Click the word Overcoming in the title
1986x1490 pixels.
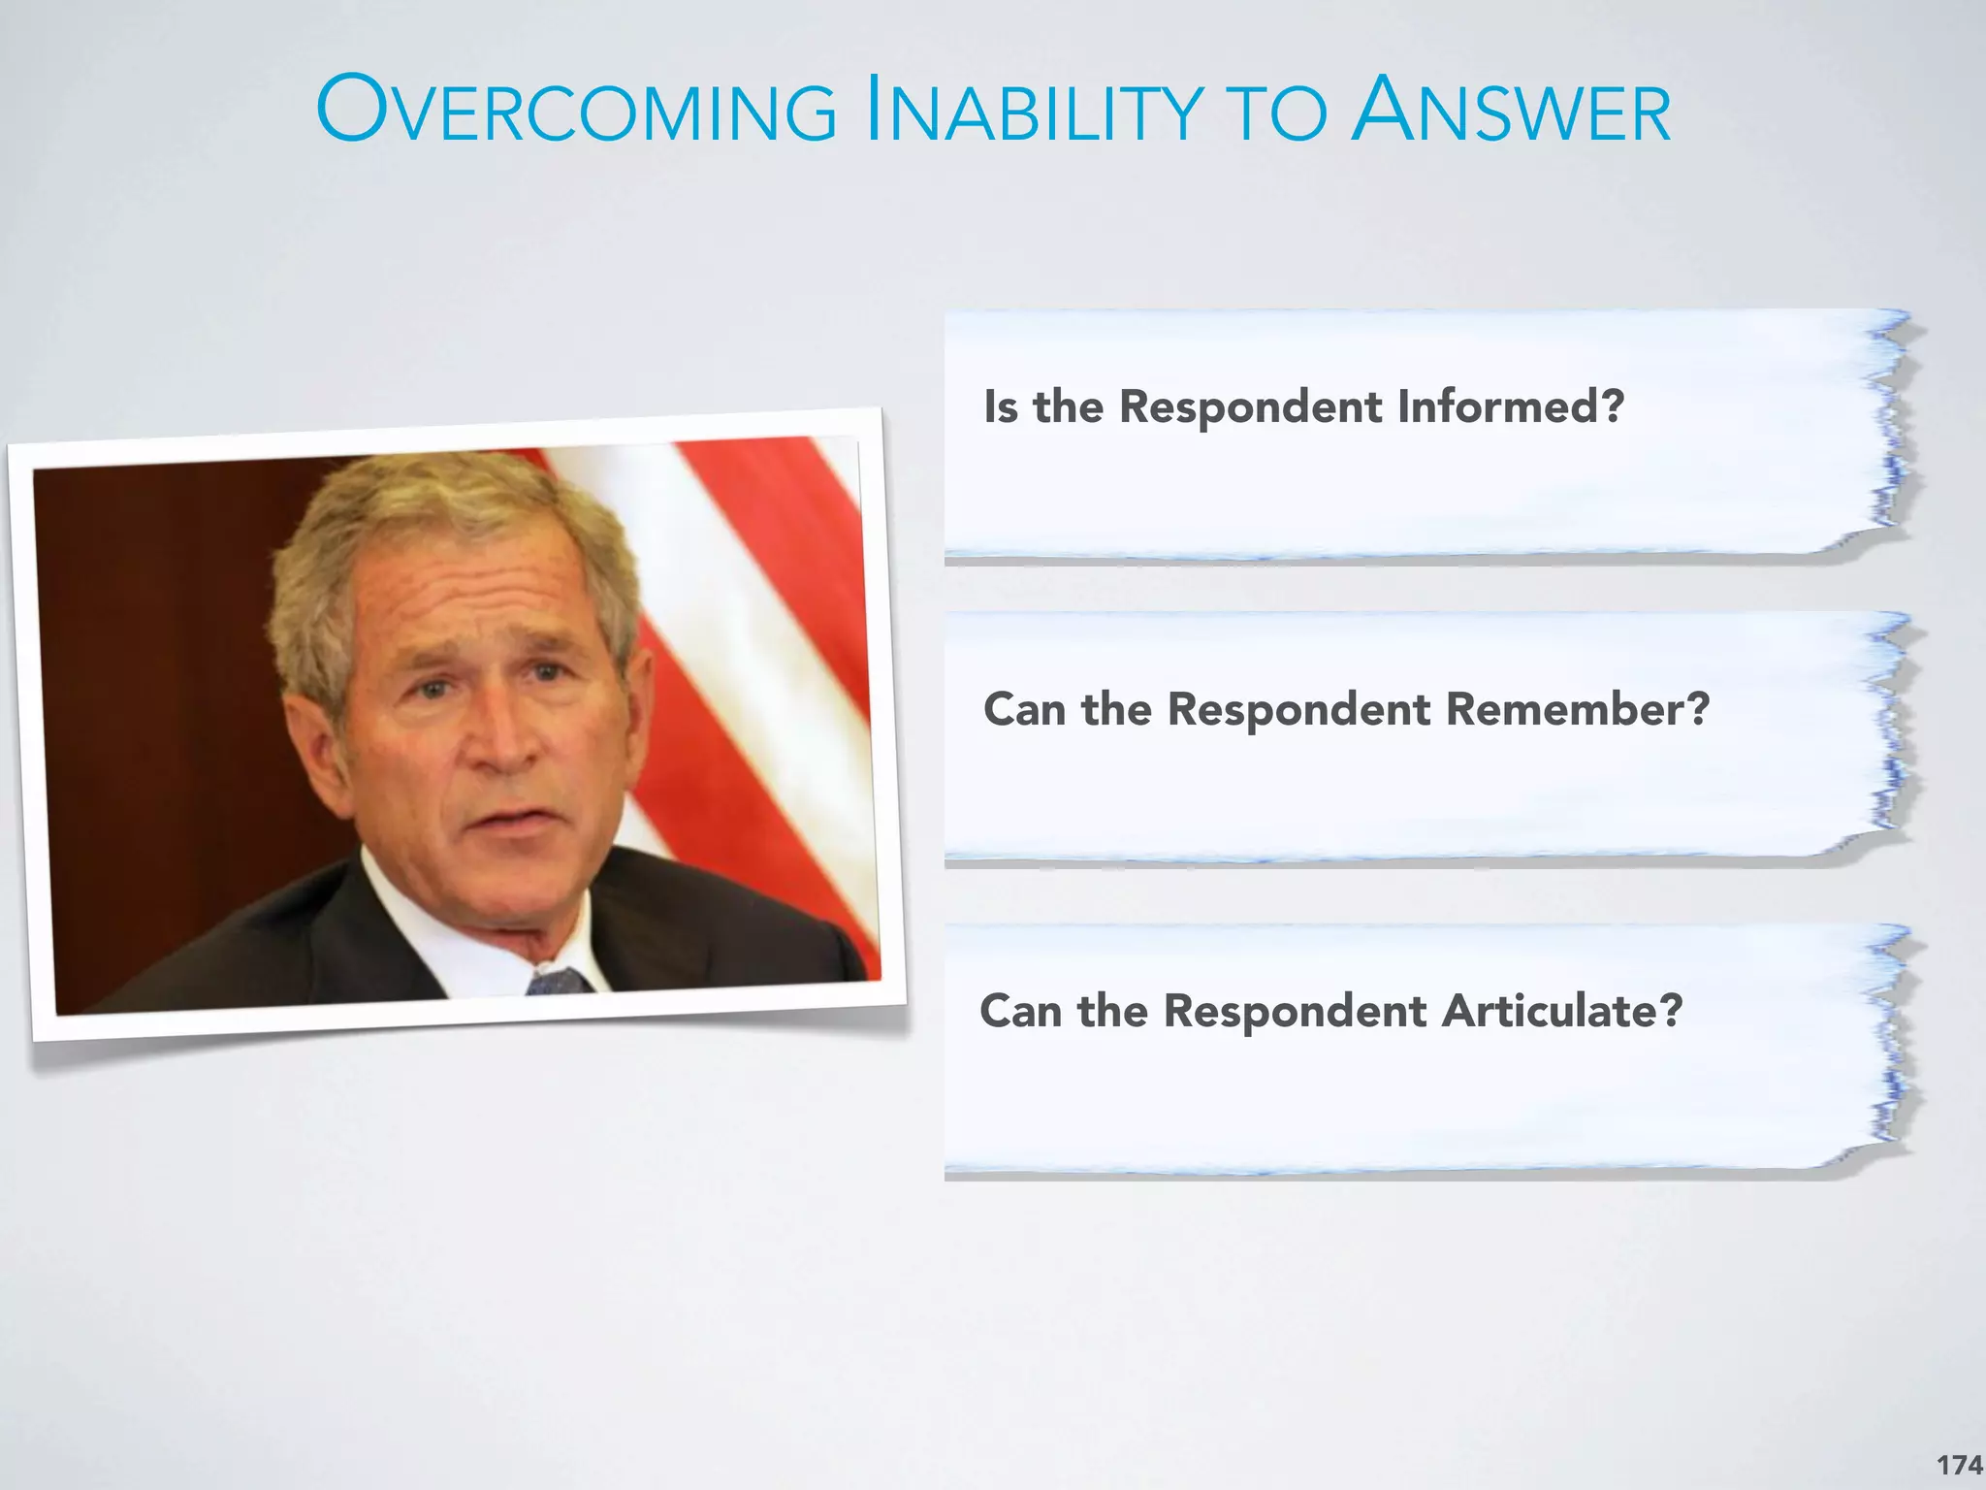(x=576, y=111)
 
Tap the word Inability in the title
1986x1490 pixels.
(x=1034, y=111)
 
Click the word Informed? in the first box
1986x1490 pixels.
(x=1510, y=405)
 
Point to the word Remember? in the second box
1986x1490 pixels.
(x=1577, y=709)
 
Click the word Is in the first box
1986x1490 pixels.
(x=1001, y=405)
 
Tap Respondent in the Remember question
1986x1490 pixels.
(x=1298, y=709)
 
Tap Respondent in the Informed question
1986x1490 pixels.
(x=1251, y=405)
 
